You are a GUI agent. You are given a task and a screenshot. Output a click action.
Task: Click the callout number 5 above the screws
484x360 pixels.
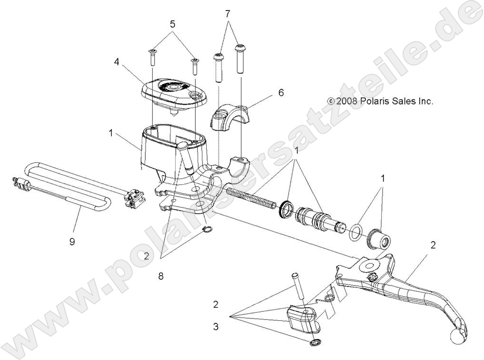(x=172, y=23)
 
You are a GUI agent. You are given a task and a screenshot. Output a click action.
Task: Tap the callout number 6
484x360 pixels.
(x=281, y=93)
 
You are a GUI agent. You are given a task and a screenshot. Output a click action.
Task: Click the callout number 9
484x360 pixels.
(x=72, y=242)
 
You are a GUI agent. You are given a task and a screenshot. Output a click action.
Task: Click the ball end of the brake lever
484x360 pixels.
(x=457, y=335)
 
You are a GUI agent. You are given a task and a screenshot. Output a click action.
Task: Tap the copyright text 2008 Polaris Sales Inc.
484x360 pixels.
(x=380, y=101)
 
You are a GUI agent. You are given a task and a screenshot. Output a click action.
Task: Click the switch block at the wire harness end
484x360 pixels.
(x=133, y=198)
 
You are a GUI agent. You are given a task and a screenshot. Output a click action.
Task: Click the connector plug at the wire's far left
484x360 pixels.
(x=20, y=184)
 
